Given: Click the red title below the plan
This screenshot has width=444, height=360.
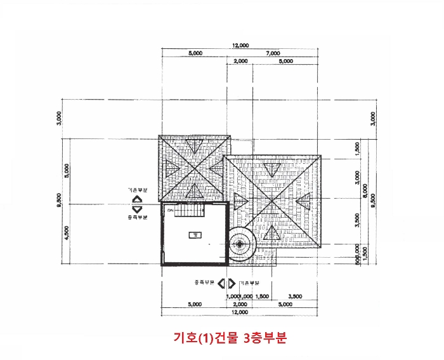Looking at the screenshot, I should [x=230, y=338].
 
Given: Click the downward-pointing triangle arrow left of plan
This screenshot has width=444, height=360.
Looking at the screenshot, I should [x=137, y=209].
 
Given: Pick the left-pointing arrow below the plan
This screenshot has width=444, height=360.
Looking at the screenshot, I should [x=222, y=283].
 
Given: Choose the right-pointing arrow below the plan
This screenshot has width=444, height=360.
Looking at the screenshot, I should [x=232, y=283].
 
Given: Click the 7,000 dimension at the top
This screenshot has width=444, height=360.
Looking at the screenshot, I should [x=273, y=53].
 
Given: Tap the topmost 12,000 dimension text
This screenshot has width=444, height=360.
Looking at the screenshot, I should [x=240, y=46].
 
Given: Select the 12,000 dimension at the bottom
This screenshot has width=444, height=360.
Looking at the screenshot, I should [x=239, y=312].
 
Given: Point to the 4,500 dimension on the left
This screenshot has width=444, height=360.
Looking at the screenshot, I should [x=67, y=232].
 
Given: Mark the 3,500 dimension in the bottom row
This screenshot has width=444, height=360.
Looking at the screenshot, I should [x=294, y=297].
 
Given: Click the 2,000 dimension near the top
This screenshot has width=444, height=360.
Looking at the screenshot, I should [x=240, y=62].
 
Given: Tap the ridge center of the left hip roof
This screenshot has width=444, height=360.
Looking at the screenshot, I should [x=194, y=168].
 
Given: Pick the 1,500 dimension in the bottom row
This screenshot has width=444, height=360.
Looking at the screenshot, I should [x=263, y=297].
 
